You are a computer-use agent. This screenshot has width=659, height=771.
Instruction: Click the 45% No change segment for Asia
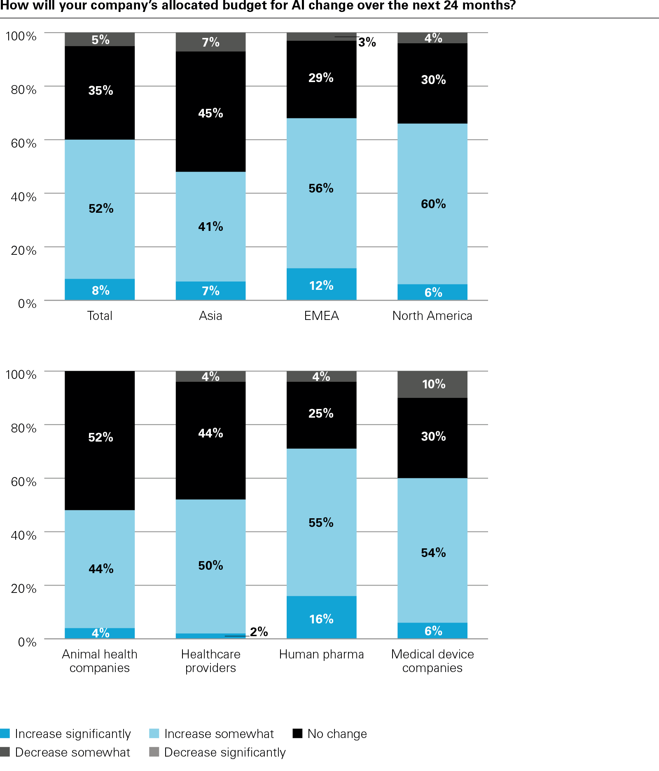210,112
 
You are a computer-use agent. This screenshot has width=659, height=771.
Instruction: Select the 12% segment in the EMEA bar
321,284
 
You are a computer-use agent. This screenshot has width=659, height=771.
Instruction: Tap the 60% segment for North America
432,204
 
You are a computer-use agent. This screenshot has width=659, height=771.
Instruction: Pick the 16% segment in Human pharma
321,618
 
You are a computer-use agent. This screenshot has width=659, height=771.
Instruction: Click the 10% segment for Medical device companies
432,384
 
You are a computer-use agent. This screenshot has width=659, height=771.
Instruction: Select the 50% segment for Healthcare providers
210,566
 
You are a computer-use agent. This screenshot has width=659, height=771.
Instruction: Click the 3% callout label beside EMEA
367,42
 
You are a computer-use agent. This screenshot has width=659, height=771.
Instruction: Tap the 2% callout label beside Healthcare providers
259,632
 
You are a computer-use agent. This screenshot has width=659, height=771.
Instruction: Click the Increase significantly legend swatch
5,733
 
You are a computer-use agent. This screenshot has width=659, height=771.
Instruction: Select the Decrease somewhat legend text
72,752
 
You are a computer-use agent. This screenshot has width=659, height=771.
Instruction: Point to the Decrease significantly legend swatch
154,752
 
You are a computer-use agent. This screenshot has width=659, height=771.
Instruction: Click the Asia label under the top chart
210,316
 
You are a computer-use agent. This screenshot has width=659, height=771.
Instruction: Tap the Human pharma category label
321,654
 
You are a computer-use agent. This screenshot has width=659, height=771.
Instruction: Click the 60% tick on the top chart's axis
24,143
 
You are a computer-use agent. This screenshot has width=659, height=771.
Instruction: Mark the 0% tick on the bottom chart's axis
27,642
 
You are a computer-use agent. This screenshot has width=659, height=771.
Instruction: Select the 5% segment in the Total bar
100,40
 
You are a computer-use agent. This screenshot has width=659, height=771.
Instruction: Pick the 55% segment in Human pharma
321,522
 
